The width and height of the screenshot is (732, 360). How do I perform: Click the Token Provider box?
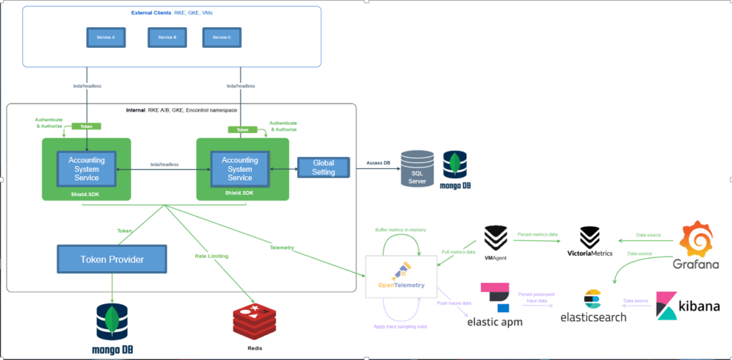click(x=112, y=259)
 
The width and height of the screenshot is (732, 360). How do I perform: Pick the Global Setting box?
click(x=323, y=167)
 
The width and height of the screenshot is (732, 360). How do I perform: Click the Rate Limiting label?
click(x=211, y=255)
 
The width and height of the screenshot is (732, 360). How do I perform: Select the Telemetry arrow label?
click(x=283, y=248)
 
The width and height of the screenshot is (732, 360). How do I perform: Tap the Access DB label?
click(x=378, y=163)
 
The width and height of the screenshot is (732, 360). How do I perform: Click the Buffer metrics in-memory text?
click(x=401, y=230)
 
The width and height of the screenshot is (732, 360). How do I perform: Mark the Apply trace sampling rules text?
click(x=401, y=326)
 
